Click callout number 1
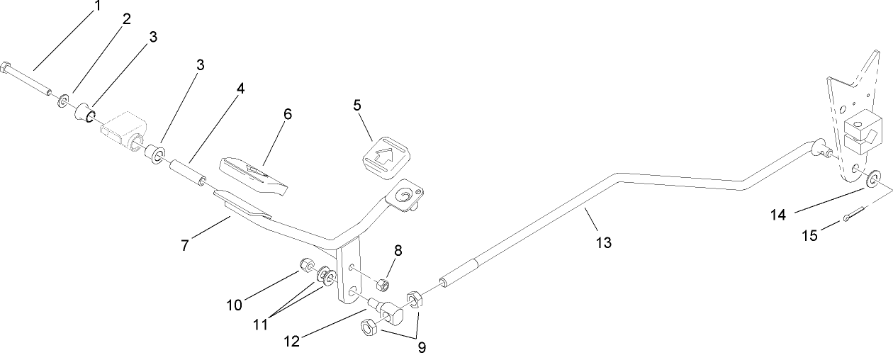[x=98, y=6]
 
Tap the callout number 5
[x=357, y=105]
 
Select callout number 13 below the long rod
[x=604, y=242]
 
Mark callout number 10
[x=235, y=305]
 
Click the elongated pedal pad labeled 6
[x=255, y=174]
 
